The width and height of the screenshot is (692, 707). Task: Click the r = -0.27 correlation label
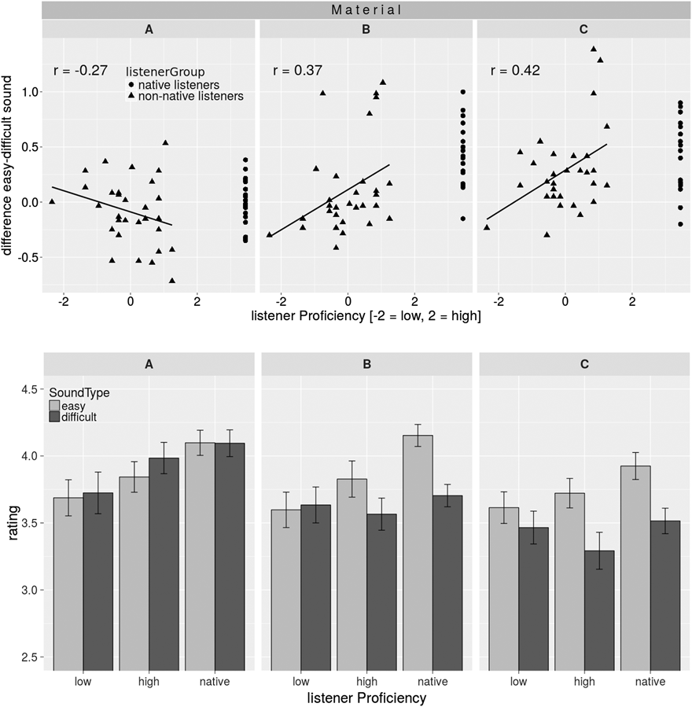[x=79, y=71]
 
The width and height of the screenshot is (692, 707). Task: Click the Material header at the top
[x=366, y=10]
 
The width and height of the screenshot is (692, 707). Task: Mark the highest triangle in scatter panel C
[x=594, y=49]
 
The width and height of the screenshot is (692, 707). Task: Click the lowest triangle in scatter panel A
[x=172, y=280]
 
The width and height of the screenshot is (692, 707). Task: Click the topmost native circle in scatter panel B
[x=463, y=92]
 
